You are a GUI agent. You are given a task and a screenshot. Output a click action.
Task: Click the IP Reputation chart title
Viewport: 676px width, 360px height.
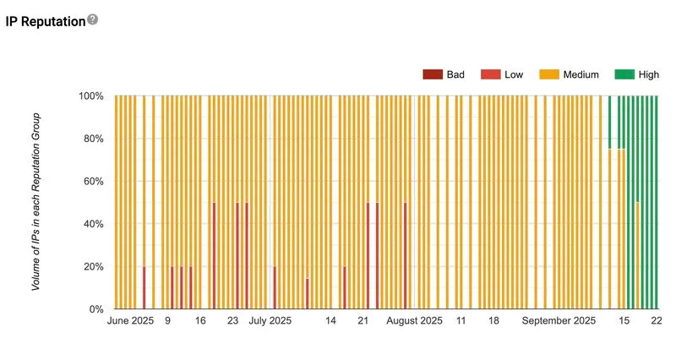(46, 21)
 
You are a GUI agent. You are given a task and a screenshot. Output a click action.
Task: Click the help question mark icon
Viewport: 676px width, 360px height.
(93, 19)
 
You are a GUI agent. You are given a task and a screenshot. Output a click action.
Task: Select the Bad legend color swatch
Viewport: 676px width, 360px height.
(433, 74)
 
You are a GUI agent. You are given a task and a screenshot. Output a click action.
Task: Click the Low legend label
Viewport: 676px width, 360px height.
(514, 74)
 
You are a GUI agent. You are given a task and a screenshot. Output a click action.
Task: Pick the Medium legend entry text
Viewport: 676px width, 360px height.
(581, 74)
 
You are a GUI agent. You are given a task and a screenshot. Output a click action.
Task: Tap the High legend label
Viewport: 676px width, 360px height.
(649, 74)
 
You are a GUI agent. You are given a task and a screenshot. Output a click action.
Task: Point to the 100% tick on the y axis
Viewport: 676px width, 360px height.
(91, 96)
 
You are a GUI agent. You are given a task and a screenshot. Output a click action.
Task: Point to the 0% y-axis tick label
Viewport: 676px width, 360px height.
(95, 309)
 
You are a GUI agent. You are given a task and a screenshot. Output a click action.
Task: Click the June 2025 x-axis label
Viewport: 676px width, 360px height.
(131, 322)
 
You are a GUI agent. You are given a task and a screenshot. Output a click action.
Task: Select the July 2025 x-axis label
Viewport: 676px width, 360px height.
(270, 322)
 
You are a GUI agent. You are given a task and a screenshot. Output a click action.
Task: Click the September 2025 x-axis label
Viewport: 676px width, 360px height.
(559, 322)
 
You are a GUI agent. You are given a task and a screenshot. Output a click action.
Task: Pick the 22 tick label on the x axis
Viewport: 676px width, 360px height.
(656, 322)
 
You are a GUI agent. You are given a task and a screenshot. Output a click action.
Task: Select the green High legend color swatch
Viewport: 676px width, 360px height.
(624, 74)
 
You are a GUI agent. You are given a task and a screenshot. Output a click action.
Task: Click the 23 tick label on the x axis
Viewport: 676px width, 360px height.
(232, 322)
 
